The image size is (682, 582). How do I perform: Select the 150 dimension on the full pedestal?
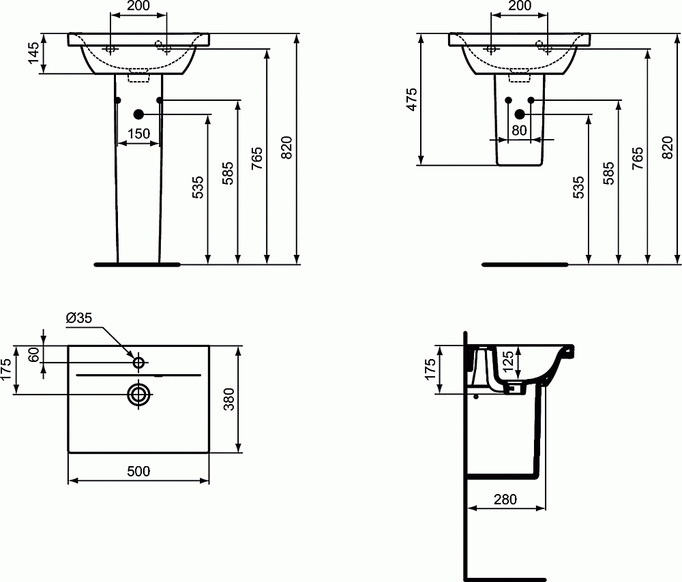tap(139, 134)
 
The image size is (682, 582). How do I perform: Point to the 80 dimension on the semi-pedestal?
tap(519, 130)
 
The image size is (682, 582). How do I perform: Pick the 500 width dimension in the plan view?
tap(138, 471)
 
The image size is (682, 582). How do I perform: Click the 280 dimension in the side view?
tap(505, 499)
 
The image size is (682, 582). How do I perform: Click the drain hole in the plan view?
tap(138, 394)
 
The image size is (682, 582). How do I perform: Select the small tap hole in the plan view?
tap(138, 362)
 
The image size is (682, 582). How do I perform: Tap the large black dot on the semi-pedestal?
tap(520, 114)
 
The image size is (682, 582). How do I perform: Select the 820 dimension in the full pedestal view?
tap(287, 148)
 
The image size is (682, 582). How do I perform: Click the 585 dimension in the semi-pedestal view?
tap(608, 173)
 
